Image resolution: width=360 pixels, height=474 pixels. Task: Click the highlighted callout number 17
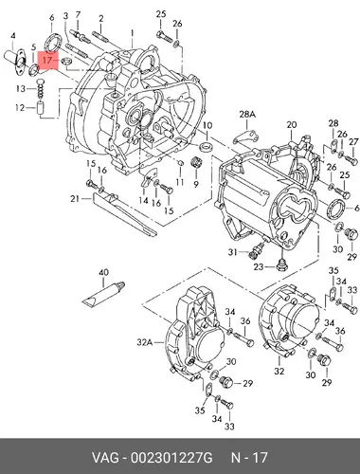46,60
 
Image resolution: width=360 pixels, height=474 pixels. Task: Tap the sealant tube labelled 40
103,293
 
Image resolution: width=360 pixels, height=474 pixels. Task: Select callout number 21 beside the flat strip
75,199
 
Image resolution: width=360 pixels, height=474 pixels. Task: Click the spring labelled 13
40,88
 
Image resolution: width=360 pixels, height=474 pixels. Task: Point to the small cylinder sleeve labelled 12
40,108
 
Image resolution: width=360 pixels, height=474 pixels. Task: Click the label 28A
247,115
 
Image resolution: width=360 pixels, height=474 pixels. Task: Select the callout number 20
292,125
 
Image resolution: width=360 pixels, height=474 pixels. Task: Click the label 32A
145,342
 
